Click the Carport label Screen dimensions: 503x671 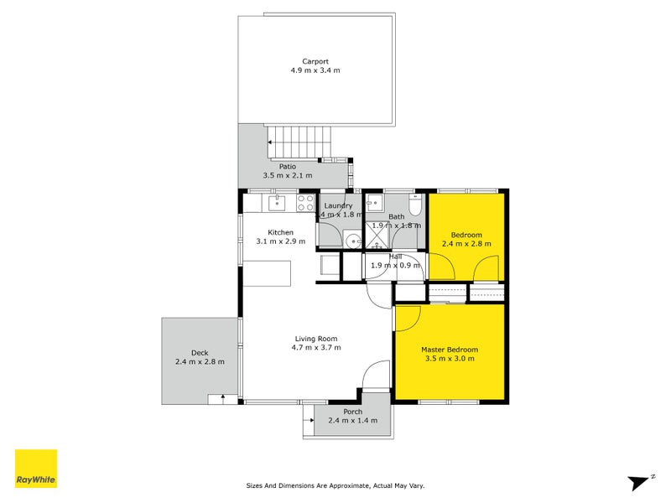[x=315, y=61]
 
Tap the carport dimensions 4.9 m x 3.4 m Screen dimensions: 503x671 [x=315, y=70]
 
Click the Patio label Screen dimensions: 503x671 [x=287, y=166]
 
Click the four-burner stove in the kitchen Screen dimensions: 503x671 [x=305, y=202]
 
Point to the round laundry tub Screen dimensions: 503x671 [x=351, y=241]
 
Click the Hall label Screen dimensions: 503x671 [x=396, y=257]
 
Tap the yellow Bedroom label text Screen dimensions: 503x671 [x=466, y=235]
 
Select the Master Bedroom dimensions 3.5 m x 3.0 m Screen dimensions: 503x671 [x=449, y=359]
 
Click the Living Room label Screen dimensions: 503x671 [x=315, y=339]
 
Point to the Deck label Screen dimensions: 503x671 [x=199, y=353]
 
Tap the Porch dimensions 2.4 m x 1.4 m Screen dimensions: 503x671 [x=352, y=420]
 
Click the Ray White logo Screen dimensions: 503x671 [x=36, y=469]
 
